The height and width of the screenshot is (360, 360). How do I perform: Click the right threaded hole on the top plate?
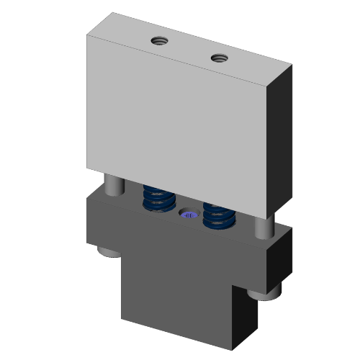click(x=218, y=56)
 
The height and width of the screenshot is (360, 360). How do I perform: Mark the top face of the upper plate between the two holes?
click(x=189, y=48)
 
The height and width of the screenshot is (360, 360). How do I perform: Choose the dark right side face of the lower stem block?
click(x=246, y=317)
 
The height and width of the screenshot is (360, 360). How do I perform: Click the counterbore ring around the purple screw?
click(x=182, y=213)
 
